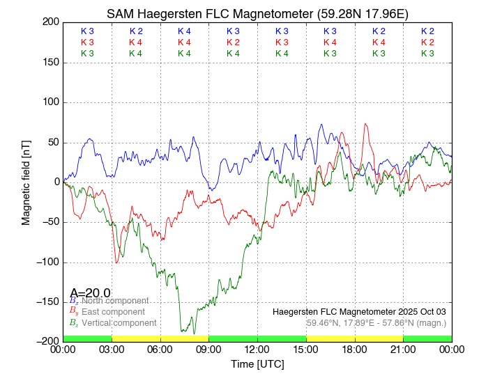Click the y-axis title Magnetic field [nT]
(26, 181)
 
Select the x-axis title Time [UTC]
(257, 364)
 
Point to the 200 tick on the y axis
(51, 22)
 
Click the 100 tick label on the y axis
(51, 102)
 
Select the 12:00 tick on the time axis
(257, 349)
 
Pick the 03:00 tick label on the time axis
(112, 349)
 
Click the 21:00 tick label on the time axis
(403, 349)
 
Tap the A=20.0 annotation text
(90, 293)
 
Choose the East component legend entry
(113, 312)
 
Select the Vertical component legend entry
(119, 323)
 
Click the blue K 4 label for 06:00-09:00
(184, 31)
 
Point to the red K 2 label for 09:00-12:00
(233, 42)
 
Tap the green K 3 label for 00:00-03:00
(87, 54)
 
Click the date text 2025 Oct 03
(419, 311)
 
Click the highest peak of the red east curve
(365, 125)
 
